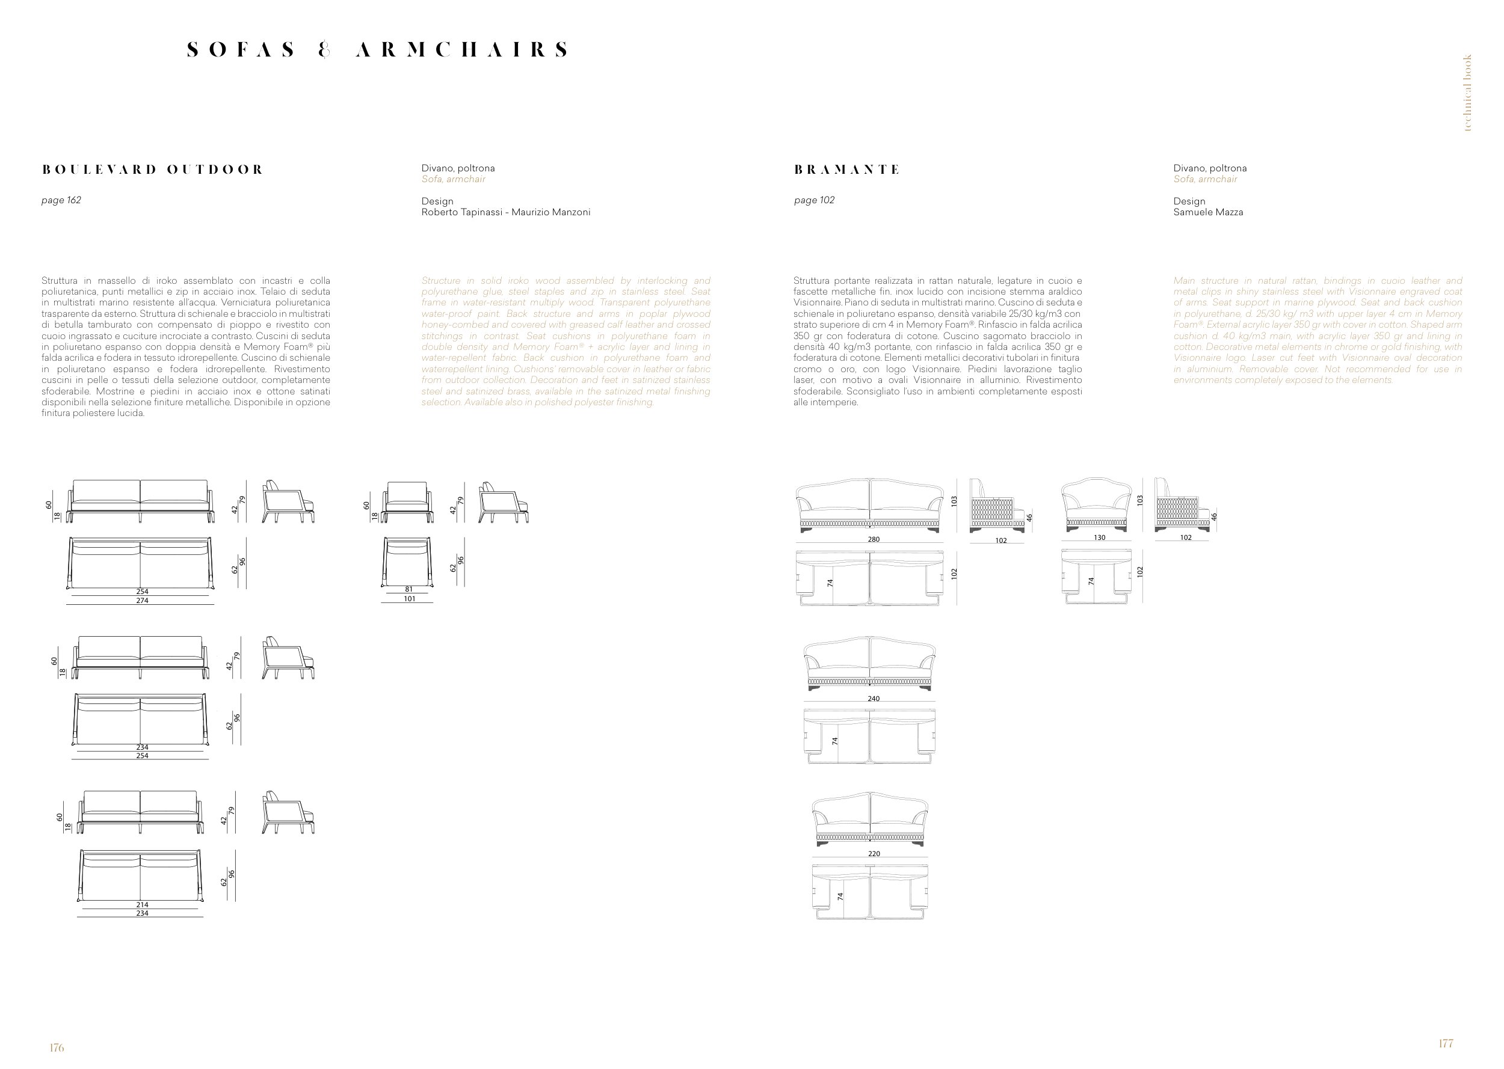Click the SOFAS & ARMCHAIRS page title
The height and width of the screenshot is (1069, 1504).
coord(378,50)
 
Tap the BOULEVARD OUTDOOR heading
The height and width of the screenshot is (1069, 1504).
coord(152,170)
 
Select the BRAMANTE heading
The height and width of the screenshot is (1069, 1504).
coord(846,170)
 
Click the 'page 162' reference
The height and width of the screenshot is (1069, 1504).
coord(61,200)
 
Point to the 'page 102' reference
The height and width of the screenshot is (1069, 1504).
coord(814,200)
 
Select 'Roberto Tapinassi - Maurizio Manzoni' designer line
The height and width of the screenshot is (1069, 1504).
coord(506,212)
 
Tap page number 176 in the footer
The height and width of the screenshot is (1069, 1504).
coord(57,1047)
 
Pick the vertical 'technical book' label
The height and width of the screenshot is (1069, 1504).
coord(1467,93)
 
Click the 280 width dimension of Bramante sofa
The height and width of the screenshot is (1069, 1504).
coord(873,539)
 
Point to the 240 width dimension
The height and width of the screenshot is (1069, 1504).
coord(873,699)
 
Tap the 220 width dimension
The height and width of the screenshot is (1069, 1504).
coord(873,854)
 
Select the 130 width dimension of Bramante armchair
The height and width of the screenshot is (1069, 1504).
coord(1099,537)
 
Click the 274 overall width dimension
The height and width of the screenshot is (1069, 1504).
coord(142,600)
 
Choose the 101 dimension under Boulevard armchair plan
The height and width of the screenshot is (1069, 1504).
coord(410,599)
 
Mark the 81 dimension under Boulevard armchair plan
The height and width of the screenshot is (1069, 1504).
coord(409,590)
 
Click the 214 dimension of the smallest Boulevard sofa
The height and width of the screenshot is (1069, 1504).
coord(142,905)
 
